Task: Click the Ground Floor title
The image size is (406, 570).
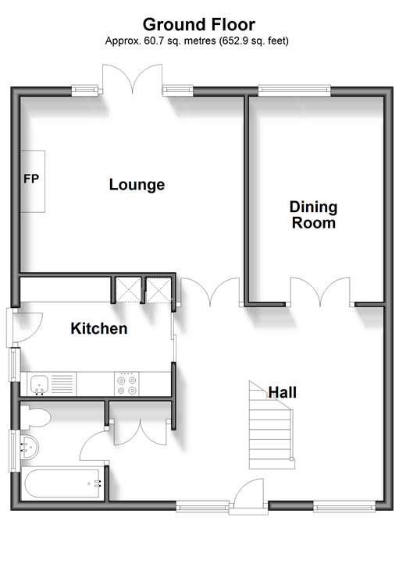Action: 199,25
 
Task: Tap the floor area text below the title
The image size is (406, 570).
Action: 197,41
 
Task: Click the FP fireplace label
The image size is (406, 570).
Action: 31,179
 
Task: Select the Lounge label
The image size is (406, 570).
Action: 137,185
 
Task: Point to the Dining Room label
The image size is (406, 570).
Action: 314,214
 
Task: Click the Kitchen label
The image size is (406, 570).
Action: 99,328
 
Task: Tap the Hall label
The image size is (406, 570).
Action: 283,392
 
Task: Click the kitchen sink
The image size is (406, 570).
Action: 40,384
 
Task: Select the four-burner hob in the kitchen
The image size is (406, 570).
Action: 126,384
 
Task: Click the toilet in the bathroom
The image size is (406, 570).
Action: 35,417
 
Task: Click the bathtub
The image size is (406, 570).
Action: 62,483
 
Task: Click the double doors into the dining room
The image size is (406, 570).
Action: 320,292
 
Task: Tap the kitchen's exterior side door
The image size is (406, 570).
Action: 25,327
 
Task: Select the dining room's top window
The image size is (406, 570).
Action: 294,90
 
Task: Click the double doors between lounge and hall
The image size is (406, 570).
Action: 210,292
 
